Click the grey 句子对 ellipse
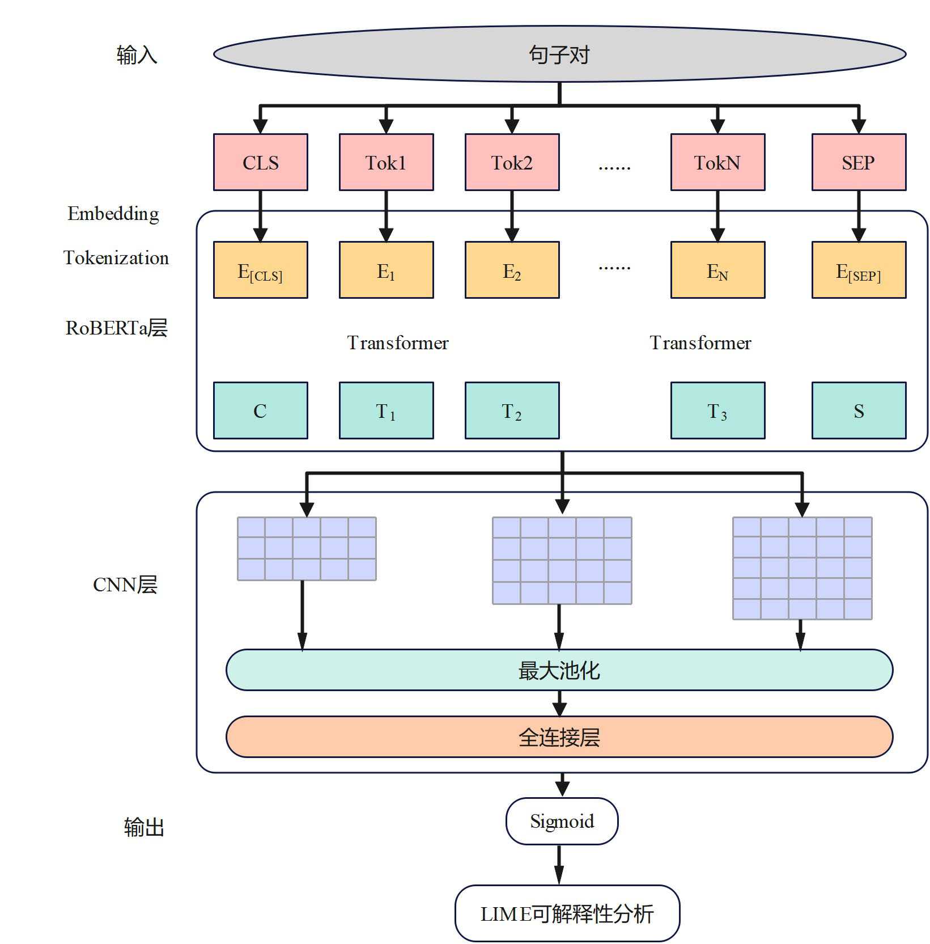(x=559, y=54)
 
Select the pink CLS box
(x=260, y=162)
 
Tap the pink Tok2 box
(x=512, y=162)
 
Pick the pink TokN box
(x=717, y=162)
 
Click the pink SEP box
(x=859, y=162)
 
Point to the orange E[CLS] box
(x=260, y=270)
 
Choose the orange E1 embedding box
(x=386, y=270)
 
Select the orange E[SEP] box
(x=859, y=270)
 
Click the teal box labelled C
(x=260, y=410)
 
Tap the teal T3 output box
(x=717, y=410)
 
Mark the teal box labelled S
(x=859, y=410)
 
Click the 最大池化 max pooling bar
(x=559, y=670)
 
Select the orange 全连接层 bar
(x=559, y=737)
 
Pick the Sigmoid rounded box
(x=562, y=821)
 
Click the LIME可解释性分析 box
(x=567, y=913)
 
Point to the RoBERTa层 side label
(x=116, y=328)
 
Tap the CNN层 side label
(x=125, y=585)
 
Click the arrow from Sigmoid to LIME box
(x=559, y=865)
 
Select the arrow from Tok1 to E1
(x=386, y=216)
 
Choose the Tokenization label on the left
(x=116, y=258)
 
